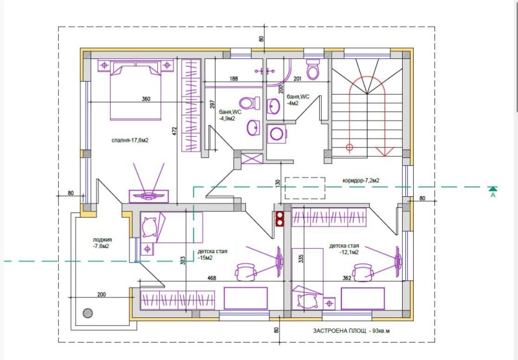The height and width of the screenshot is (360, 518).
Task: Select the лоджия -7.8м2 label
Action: [101, 243]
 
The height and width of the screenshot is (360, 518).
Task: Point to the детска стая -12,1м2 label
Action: [344, 250]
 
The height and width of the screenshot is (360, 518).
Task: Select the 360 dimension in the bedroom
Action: [146, 99]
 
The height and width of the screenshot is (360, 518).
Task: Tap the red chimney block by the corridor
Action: [280, 218]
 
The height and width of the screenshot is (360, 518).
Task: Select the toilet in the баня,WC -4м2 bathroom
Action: [313, 70]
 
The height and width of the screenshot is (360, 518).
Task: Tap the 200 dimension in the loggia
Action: [101, 294]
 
